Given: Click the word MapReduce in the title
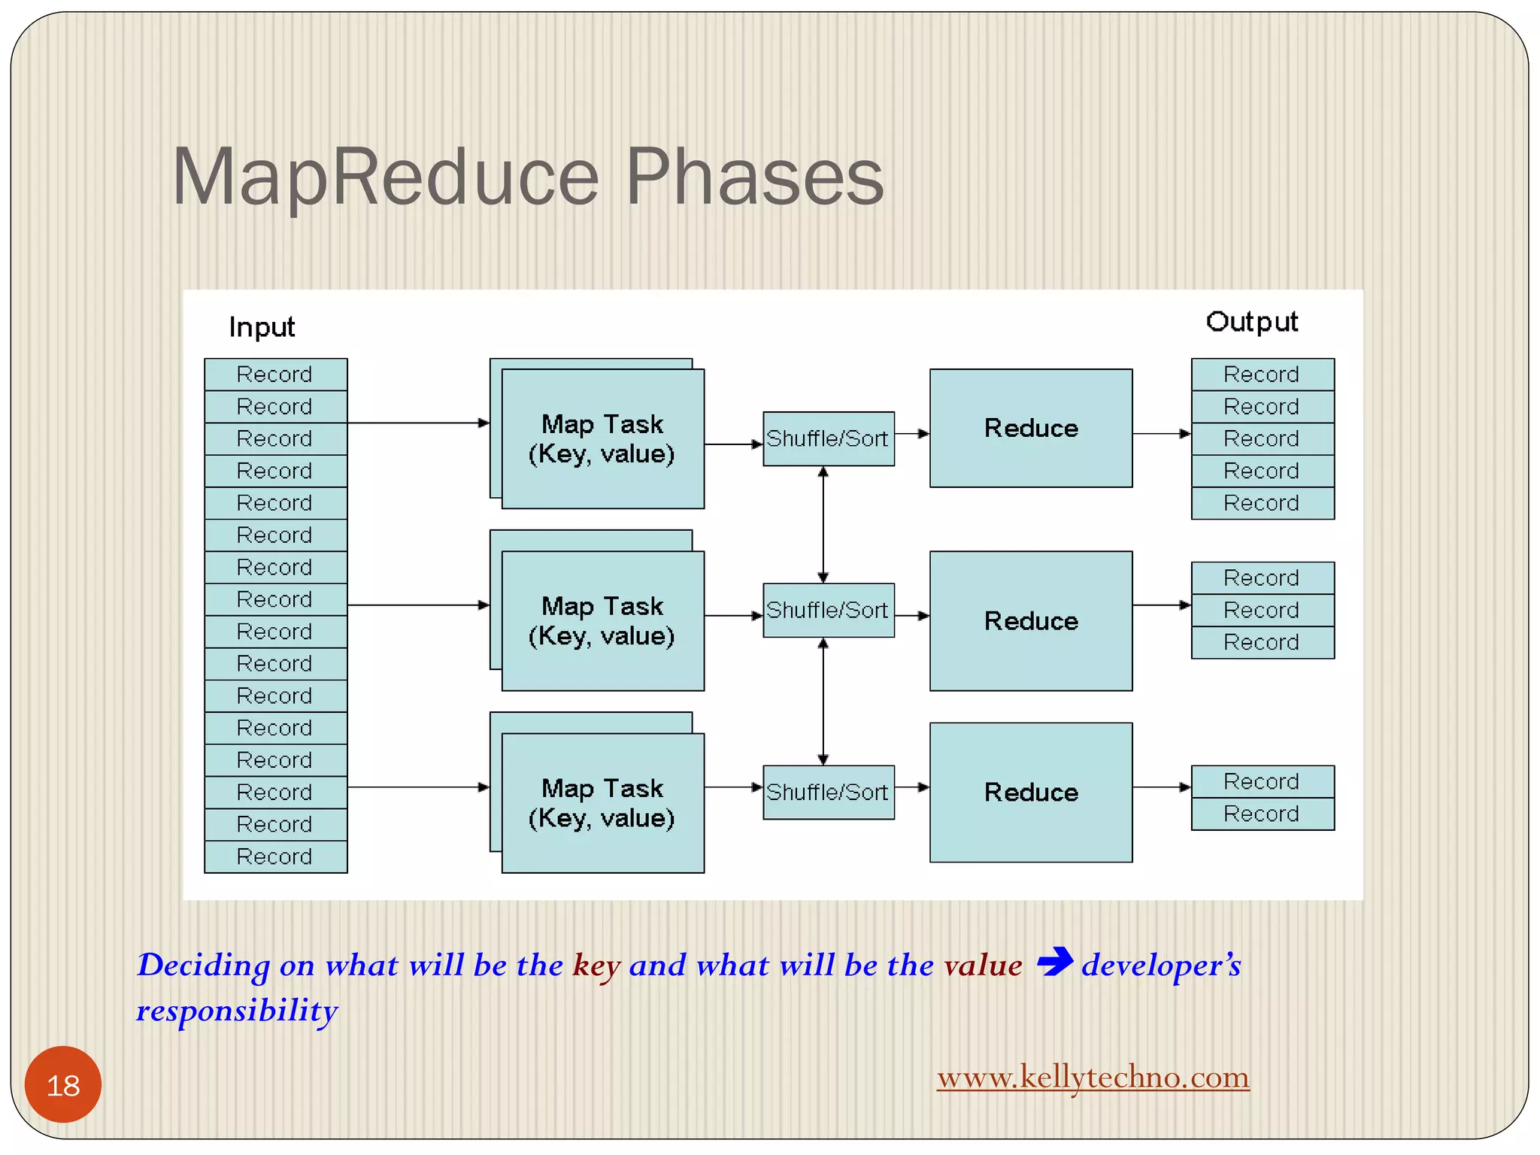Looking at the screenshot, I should coord(385,177).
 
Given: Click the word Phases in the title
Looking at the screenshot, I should coord(754,177).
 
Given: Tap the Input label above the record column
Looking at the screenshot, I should coord(262,327).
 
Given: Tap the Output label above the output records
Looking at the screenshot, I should coord(1251,322).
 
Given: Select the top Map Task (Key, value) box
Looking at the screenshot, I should coord(602,438).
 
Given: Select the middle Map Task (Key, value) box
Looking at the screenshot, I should coord(602,621).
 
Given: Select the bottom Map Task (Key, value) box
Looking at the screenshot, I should coord(602,803).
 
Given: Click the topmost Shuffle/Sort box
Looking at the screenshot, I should coord(828,438).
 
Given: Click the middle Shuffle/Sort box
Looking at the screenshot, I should coord(828,610).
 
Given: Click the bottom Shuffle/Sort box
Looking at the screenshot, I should coord(828,792).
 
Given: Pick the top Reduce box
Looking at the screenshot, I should coord(1030,428).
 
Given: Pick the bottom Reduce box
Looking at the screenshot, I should coord(1030,792).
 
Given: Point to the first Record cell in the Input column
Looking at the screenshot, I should coord(275,374).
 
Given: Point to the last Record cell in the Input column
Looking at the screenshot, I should coord(275,856).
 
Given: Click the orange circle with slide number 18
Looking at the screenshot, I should coord(63,1084).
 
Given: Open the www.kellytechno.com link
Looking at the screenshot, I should coord(1093,1077).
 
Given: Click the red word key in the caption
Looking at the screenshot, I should coord(596,966).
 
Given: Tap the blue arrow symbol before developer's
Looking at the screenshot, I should coord(1054,962).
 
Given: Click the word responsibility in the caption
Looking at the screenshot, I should coord(237,1011).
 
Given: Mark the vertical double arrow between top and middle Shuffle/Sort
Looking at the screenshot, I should coord(823,524).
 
